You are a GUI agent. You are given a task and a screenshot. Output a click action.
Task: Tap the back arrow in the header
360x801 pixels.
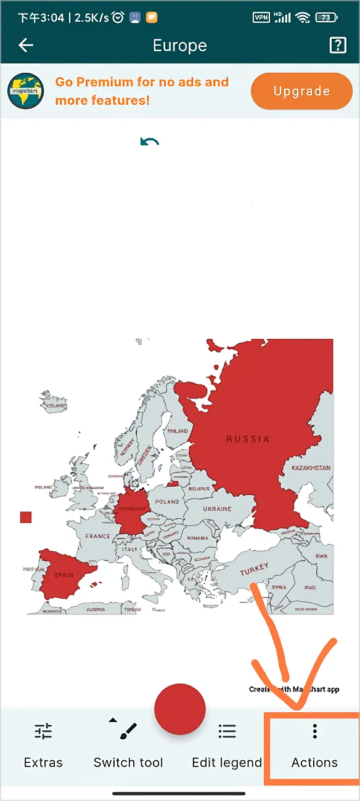click(26, 45)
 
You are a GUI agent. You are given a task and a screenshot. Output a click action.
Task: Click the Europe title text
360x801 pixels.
click(180, 46)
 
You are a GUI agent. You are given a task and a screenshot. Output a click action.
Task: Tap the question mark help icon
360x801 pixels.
click(338, 45)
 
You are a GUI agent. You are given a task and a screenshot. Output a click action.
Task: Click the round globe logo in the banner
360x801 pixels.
click(25, 91)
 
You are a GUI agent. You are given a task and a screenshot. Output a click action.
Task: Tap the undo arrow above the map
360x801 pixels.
click(149, 142)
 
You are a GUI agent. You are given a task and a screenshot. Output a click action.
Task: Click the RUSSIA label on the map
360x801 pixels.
click(248, 439)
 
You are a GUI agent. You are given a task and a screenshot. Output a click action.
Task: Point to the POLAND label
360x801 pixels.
click(167, 502)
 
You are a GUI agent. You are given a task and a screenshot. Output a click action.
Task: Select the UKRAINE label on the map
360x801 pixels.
click(217, 509)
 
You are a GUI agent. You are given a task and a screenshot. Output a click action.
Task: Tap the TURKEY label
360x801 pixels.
click(254, 570)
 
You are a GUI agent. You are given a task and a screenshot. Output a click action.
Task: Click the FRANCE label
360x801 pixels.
click(97, 536)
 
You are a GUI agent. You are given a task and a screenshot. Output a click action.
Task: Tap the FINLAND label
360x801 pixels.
click(178, 431)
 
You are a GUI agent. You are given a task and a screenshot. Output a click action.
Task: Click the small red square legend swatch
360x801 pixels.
click(25, 517)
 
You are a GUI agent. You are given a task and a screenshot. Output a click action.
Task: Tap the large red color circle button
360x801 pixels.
click(179, 709)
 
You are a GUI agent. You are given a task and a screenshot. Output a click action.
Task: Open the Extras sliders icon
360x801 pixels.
click(43, 731)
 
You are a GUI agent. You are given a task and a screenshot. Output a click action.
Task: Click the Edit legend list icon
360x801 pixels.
click(227, 731)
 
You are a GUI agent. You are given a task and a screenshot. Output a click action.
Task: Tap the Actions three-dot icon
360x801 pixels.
click(314, 731)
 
